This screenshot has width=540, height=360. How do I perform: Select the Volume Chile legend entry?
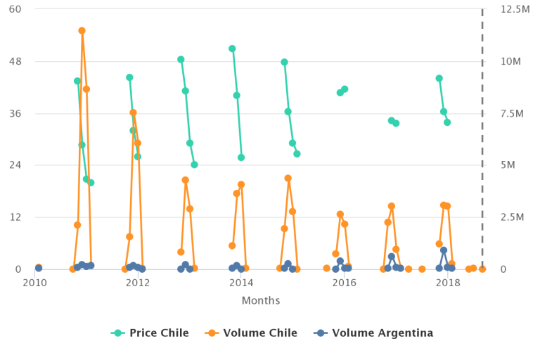pyautogui.click(x=250, y=333)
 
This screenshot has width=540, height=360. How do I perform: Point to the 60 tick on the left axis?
pyautogui.click(x=15, y=9)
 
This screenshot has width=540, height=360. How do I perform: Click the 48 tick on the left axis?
pyautogui.click(x=15, y=61)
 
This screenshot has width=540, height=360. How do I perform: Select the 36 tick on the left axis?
pyautogui.click(x=15, y=113)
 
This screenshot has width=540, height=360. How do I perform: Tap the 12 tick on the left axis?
pyautogui.click(x=15, y=217)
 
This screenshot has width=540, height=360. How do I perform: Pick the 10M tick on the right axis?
pyautogui.click(x=510, y=61)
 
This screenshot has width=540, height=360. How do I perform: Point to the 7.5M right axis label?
pyautogui.click(x=510, y=113)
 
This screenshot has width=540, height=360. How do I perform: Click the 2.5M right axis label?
pyautogui.click(x=510, y=217)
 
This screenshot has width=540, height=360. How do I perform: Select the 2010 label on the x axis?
pyautogui.click(x=34, y=283)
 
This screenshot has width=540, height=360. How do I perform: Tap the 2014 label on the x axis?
pyautogui.click(x=241, y=283)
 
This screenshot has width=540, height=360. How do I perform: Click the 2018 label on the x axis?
pyautogui.click(x=448, y=283)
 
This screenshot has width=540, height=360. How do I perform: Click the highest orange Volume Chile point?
pyautogui.click(x=82, y=31)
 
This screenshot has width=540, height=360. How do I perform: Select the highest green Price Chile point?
pyautogui.click(x=232, y=49)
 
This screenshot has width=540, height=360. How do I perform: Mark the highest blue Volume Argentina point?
pyautogui.click(x=444, y=250)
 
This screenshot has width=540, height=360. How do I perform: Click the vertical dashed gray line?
pyautogui.click(x=482, y=141)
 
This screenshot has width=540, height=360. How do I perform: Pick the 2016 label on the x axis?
pyautogui.click(x=345, y=283)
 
